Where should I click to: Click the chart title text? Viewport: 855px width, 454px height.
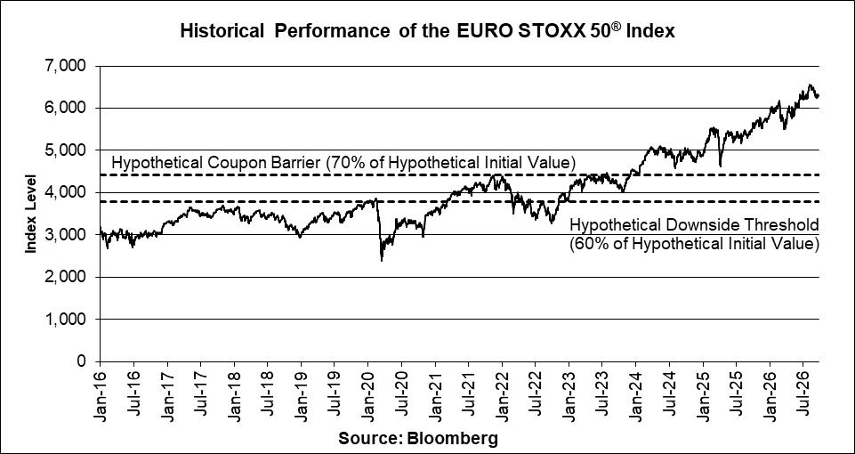click(x=427, y=31)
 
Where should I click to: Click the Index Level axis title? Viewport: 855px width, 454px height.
click(x=30, y=214)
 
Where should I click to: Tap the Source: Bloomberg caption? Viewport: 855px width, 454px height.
click(x=418, y=438)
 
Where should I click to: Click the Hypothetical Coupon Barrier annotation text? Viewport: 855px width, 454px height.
click(x=343, y=163)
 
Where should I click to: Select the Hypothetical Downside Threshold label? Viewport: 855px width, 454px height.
click(x=694, y=225)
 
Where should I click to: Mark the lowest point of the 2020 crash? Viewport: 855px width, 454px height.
click(x=381, y=261)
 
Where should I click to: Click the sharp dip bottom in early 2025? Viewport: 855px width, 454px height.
click(x=721, y=166)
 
